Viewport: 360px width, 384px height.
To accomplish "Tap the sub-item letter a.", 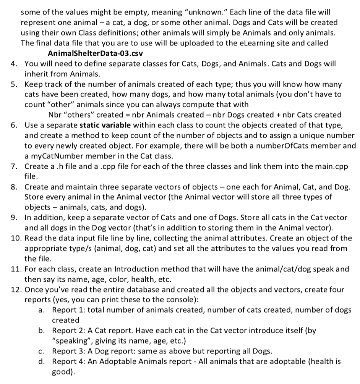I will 41,310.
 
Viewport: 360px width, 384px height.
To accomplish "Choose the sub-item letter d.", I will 41,361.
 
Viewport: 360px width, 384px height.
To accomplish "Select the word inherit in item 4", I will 37,73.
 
